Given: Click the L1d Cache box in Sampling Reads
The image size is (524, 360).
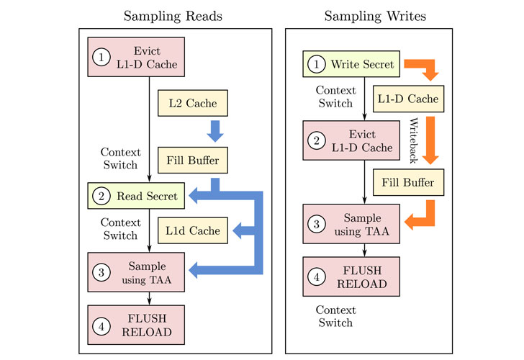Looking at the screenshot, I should pyautogui.click(x=193, y=230).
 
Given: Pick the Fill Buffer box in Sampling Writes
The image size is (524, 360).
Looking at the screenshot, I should pyautogui.click(x=407, y=182).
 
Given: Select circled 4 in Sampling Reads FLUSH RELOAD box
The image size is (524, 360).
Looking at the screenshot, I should pyautogui.click(x=101, y=325).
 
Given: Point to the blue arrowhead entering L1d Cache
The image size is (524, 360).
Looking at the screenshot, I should pyautogui.click(x=235, y=230).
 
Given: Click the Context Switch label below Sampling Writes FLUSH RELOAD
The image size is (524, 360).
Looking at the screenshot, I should pyautogui.click(x=336, y=316).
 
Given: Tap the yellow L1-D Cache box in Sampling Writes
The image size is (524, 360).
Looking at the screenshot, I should pyautogui.click(x=407, y=97).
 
